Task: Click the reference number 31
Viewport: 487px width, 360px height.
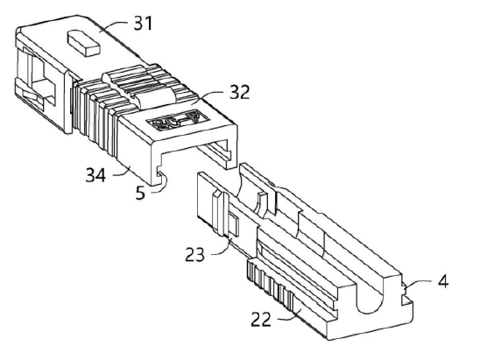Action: click(x=143, y=24)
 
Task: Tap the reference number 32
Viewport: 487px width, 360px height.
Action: click(x=239, y=92)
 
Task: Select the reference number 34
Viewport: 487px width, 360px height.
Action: click(x=95, y=175)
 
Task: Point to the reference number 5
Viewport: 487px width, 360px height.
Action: click(x=140, y=193)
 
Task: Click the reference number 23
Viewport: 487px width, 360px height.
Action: click(x=195, y=254)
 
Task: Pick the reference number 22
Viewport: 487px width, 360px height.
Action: click(x=261, y=319)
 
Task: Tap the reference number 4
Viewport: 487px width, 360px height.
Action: click(x=443, y=281)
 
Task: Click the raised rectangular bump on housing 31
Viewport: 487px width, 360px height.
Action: click(x=83, y=43)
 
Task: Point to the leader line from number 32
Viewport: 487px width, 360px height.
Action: click(x=208, y=96)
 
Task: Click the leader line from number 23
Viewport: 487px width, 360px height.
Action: click(x=223, y=248)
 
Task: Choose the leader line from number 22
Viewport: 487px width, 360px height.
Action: click(x=289, y=315)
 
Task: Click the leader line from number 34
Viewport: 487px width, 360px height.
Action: click(x=122, y=172)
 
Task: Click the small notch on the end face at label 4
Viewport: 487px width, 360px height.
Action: click(x=405, y=290)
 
